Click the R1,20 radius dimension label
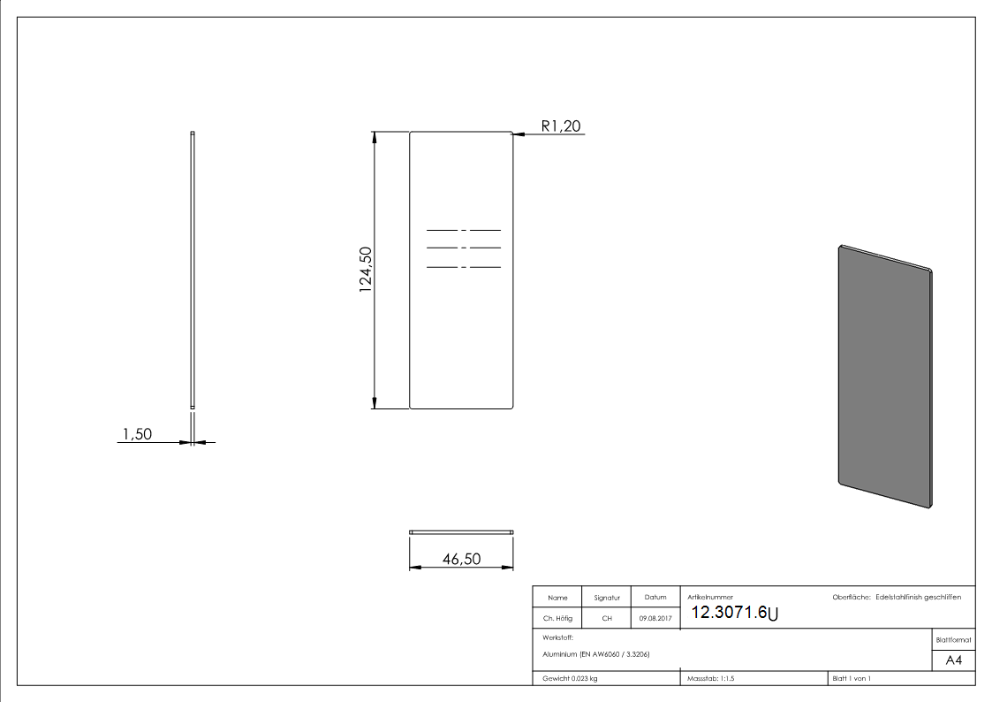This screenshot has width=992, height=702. (561, 126)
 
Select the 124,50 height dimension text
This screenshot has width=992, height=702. (365, 270)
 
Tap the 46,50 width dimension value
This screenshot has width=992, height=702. (461, 559)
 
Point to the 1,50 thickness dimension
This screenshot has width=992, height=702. (138, 433)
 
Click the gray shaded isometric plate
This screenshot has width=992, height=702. (884, 376)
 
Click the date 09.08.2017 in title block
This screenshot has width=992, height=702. (655, 618)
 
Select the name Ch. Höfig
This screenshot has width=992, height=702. (557, 618)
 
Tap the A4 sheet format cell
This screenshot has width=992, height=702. (954, 660)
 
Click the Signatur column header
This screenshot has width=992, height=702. (607, 598)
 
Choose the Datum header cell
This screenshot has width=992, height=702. (655, 598)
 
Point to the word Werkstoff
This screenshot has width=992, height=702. (558, 637)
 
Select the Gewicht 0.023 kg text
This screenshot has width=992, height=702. (570, 678)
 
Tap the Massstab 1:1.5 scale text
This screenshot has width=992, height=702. (710, 678)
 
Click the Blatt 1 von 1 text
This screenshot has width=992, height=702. (852, 678)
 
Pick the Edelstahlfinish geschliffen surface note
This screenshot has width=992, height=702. (918, 598)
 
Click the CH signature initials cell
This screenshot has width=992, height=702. (607, 618)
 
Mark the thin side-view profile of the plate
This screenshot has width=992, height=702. (193, 270)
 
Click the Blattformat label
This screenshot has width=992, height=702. (953, 639)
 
